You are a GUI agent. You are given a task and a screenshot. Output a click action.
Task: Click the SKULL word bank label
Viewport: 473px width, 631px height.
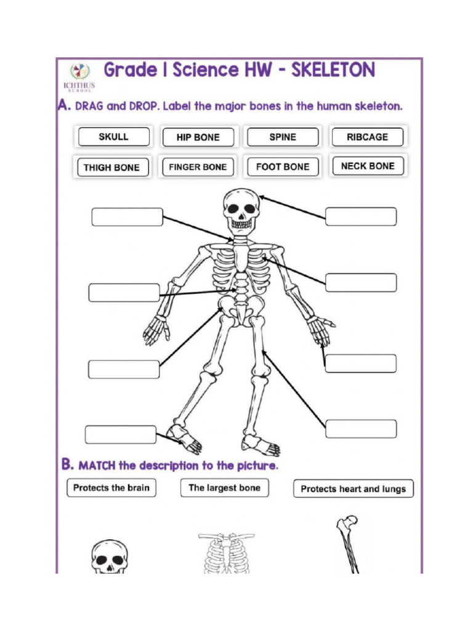(x=113, y=137)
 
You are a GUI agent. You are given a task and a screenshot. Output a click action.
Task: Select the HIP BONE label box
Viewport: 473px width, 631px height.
(x=198, y=137)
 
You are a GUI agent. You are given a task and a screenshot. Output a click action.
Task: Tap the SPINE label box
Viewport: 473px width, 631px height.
(x=283, y=137)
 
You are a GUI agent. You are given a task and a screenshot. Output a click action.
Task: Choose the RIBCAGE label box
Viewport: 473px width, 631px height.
(x=367, y=137)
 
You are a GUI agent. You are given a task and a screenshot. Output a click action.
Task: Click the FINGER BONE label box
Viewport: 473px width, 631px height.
(x=198, y=167)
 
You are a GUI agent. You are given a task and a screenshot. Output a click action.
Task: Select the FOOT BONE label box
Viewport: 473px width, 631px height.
(x=283, y=166)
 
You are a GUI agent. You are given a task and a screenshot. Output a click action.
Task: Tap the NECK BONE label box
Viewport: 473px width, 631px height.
(x=368, y=166)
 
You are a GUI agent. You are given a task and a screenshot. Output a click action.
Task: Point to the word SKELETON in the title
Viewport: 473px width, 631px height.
(x=333, y=70)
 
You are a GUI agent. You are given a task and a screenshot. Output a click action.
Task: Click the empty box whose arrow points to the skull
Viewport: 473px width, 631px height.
(x=361, y=217)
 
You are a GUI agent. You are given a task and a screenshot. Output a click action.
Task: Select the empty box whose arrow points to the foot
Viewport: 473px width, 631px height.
(x=121, y=434)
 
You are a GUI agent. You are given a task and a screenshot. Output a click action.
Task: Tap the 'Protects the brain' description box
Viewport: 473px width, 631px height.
(x=111, y=488)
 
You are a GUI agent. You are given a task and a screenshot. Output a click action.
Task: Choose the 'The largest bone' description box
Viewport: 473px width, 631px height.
(x=224, y=488)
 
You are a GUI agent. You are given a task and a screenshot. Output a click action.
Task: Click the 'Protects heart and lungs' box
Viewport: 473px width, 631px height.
(x=353, y=489)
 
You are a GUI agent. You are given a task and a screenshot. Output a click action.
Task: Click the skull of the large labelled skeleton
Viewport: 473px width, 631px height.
(x=240, y=210)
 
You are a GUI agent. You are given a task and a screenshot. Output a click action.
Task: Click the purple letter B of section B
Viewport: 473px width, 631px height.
(x=67, y=463)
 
